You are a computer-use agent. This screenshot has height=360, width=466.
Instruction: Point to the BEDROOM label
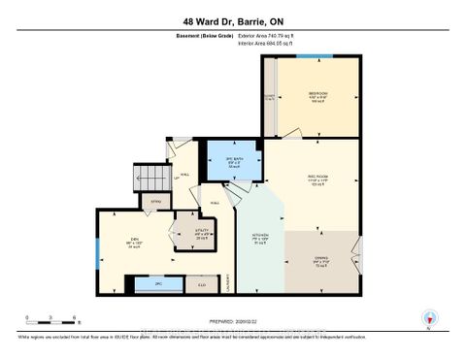click(318, 95)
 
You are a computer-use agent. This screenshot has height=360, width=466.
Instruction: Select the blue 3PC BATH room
click(233, 161)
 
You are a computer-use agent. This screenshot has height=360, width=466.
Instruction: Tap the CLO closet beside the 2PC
click(201, 285)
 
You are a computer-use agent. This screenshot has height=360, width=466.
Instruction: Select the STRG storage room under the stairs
click(154, 203)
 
